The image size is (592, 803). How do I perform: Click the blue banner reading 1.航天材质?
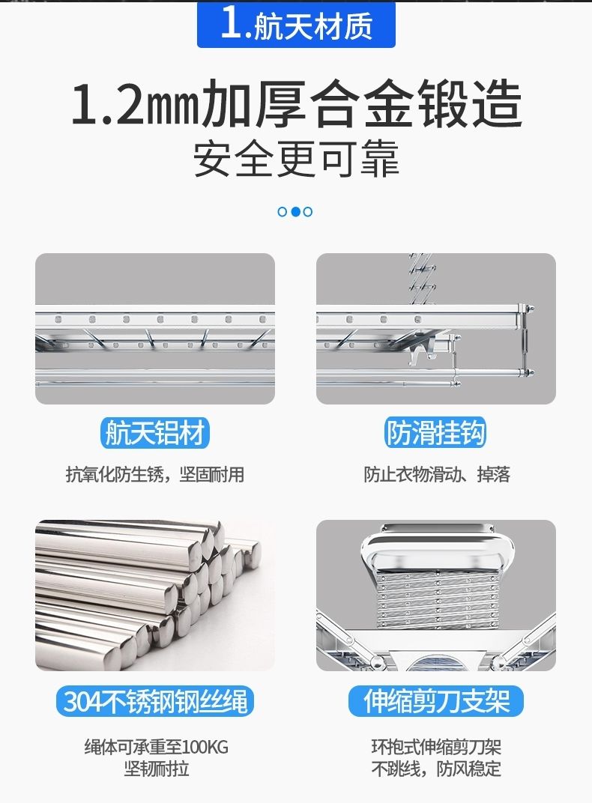click(x=296, y=24)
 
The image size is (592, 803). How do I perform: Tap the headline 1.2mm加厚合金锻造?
click(x=297, y=104)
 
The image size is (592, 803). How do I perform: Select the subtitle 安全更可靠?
click(x=296, y=159)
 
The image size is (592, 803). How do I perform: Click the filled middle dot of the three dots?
click(x=295, y=211)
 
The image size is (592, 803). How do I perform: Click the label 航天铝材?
click(x=154, y=433)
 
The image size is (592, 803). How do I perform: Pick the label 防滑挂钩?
click(x=435, y=433)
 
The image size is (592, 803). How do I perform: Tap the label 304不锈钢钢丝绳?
click(x=155, y=701)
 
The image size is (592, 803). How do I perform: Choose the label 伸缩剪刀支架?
click(x=436, y=701)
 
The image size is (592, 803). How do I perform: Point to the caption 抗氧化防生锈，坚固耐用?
click(x=154, y=475)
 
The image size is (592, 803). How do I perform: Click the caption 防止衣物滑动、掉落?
click(x=437, y=475)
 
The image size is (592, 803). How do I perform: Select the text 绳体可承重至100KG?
click(x=156, y=747)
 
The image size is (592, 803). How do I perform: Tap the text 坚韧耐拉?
click(x=156, y=769)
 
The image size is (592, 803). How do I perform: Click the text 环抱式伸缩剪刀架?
click(x=436, y=747)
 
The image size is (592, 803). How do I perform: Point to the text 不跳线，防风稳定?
click(x=436, y=769)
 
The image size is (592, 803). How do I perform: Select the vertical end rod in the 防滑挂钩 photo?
click(x=525, y=340)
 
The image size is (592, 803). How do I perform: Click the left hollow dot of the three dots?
click(x=283, y=211)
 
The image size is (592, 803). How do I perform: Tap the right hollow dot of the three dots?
click(x=308, y=211)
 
